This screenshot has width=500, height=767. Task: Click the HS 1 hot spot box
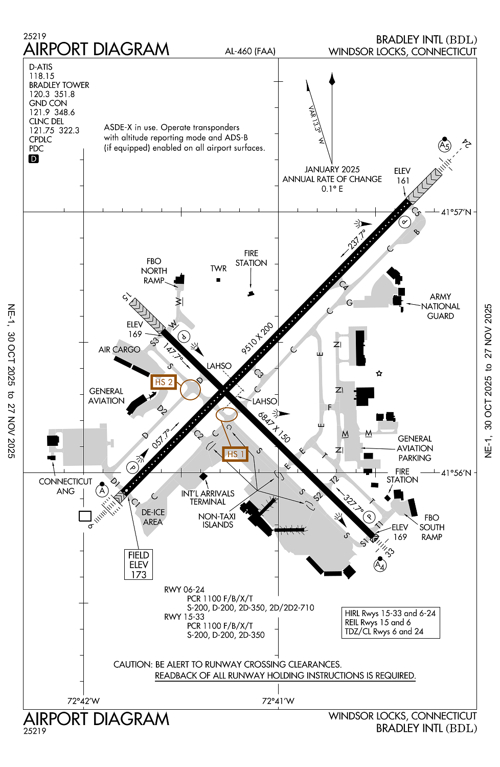tap(235, 454)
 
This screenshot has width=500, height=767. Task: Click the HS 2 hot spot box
tap(164, 382)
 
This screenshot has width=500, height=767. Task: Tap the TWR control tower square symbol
tap(218, 280)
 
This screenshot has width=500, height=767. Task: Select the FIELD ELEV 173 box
tap(139, 565)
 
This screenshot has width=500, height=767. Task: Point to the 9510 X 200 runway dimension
tap(257, 339)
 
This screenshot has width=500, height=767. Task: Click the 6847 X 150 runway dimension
tap(274, 427)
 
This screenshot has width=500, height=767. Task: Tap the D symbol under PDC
tap(34, 159)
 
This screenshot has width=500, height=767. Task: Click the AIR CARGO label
tap(119, 350)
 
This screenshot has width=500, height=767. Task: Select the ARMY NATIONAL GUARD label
tap(440, 306)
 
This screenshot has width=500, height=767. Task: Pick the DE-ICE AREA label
tap(153, 517)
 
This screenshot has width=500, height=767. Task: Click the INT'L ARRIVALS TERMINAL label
tap(208, 498)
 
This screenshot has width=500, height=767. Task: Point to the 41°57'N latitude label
tap(456, 212)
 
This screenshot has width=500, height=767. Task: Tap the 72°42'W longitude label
tap(83, 701)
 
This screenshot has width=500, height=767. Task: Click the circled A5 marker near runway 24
tap(445, 146)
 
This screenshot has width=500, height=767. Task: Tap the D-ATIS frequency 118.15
tap(42, 76)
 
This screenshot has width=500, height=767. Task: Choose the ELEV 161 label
tap(402, 175)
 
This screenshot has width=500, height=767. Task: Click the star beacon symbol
tap(379, 373)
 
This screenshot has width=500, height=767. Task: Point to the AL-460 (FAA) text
tap(250, 51)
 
